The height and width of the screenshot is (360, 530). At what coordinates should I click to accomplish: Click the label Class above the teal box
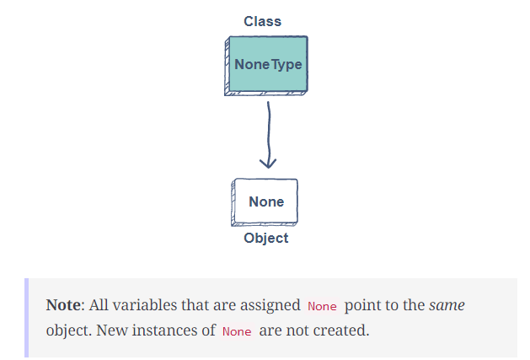[263, 21]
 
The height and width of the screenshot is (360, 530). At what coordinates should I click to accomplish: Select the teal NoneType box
[267, 65]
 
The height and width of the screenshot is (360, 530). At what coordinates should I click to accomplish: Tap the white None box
[265, 201]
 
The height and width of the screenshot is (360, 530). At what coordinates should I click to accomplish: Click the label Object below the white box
[266, 238]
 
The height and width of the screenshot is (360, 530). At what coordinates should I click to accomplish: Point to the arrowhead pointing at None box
[268, 162]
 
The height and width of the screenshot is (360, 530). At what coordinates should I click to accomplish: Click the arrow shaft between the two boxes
[268, 126]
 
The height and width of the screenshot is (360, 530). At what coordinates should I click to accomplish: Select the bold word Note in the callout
[64, 304]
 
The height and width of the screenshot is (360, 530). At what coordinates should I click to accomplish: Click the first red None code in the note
[321, 305]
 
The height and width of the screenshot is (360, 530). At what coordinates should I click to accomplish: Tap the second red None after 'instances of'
[237, 330]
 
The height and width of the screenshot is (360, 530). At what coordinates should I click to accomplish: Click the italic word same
[447, 304]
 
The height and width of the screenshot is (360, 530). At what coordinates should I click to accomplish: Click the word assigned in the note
[270, 304]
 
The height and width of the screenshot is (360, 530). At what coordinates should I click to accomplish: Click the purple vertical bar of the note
[27, 317]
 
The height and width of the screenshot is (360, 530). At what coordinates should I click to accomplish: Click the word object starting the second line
[68, 330]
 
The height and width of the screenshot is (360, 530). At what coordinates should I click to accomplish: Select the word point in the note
[361, 304]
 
